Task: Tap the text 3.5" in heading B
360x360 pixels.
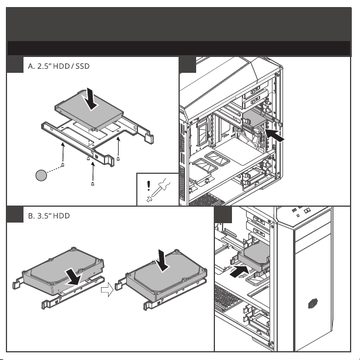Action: pyautogui.click(x=38, y=217)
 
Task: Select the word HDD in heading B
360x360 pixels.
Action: pyautogui.click(x=60, y=217)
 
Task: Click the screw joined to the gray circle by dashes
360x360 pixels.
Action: pyautogui.click(x=63, y=164)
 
